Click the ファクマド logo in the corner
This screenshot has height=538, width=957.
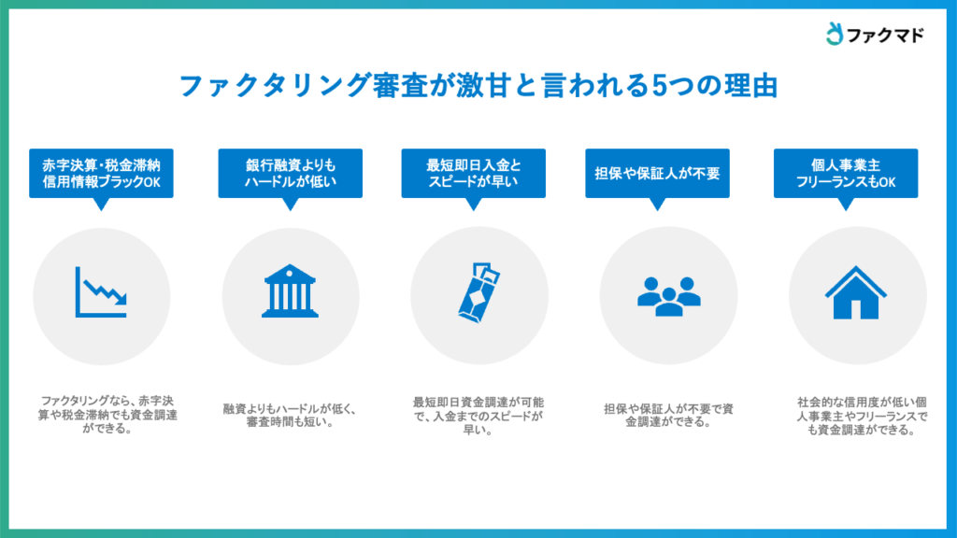coord(875,35)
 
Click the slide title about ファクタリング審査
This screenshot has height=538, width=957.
coord(478,85)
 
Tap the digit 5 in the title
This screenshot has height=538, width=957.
coord(660,86)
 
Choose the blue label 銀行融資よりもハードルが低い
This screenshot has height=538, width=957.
coord(291,173)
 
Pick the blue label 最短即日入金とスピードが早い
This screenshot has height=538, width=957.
coord(474,173)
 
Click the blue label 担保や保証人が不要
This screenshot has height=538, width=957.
coord(657,173)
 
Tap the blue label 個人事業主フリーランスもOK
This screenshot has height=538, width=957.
coord(846,173)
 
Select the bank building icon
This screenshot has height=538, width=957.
coord(290,291)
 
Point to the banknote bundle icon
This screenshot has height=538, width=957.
coord(479,292)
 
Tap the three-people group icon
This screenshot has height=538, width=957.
coord(669,296)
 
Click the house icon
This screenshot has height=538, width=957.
coord(856,292)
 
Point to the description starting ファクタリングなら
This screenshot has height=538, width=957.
coord(107,415)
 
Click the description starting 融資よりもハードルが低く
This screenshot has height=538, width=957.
coord(290,415)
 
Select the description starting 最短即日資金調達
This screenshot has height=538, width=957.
coord(478,416)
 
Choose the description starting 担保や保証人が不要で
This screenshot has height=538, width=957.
coord(669,415)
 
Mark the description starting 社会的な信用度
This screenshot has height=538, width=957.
coord(862,416)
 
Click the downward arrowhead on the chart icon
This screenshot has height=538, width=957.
coord(121,299)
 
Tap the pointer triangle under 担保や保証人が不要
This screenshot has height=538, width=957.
coord(657,204)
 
